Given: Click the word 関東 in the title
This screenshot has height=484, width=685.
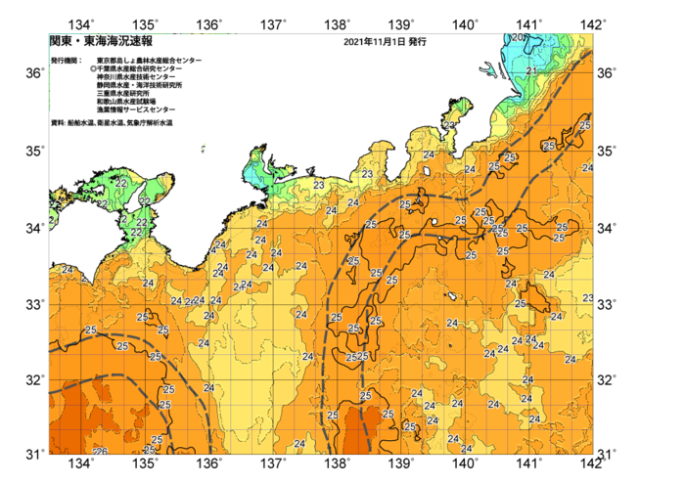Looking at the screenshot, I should tap(60, 42).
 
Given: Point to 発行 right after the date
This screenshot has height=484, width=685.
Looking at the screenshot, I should tap(416, 43).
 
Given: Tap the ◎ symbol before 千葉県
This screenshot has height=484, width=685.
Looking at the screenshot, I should tap(93, 68).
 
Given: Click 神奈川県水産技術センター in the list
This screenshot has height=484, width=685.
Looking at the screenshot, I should tap(136, 77).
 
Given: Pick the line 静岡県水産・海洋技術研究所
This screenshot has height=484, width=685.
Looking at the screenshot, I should tap(139, 85).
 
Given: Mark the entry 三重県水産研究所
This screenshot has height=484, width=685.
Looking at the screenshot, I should tap(123, 93).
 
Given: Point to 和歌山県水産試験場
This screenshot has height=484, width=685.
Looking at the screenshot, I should tap(126, 101).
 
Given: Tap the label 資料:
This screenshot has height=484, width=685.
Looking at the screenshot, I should tap(58, 123).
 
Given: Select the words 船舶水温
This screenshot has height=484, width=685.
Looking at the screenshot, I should tap(81, 123).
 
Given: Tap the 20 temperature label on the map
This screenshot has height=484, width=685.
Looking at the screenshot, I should tap(517, 38).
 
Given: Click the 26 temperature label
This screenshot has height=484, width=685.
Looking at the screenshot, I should tap(100, 451).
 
